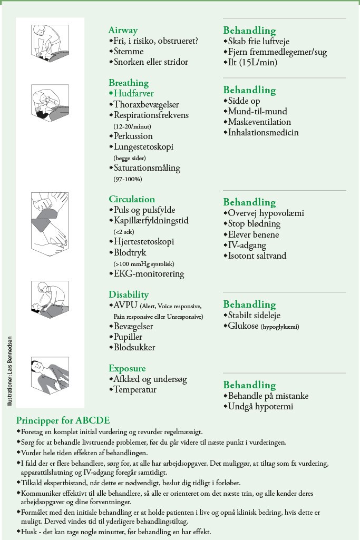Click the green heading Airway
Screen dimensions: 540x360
click(x=123, y=30)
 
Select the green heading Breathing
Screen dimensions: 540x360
click(x=129, y=83)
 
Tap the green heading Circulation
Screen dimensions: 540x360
click(x=132, y=199)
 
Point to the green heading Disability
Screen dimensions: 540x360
click(x=129, y=294)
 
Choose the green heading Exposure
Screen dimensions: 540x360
click(x=127, y=368)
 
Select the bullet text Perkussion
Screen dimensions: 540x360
click(x=133, y=136)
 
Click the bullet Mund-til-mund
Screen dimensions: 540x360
click(x=257, y=111)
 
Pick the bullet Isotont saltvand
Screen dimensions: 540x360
click(x=257, y=256)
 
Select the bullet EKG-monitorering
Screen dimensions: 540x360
click(x=149, y=274)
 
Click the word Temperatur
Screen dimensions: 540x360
click(x=135, y=390)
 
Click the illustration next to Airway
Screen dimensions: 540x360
click(x=51, y=44)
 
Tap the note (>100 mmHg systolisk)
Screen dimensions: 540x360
click(x=143, y=263)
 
